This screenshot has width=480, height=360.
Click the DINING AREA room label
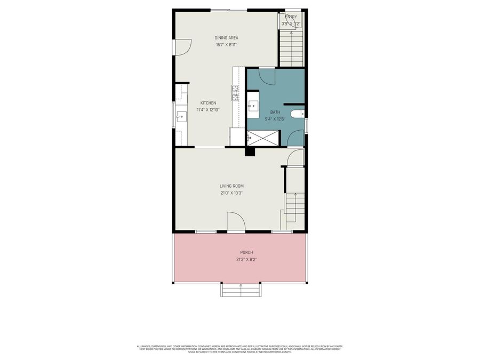tap(226, 38)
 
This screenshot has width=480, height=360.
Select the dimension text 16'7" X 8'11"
tap(226, 45)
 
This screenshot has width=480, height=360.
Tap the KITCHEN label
tap(208, 103)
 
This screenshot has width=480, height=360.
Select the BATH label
tap(275, 112)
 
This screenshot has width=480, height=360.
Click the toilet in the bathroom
tap(298, 114)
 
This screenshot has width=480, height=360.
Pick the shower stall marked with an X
tap(261, 138)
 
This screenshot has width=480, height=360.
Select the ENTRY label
tap(291, 17)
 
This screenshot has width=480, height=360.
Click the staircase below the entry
tap(291, 48)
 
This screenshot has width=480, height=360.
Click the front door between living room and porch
tap(235, 222)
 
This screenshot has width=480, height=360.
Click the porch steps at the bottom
tap(241, 291)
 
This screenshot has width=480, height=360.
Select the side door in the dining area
tap(182, 47)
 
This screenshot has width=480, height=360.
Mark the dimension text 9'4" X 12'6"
tap(275, 119)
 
